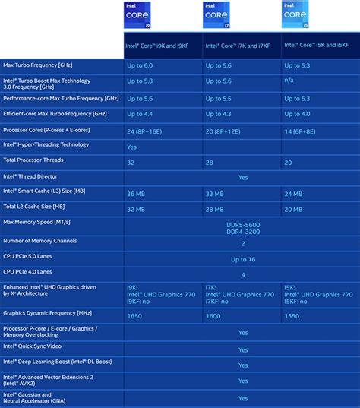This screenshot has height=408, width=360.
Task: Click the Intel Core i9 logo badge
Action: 137,15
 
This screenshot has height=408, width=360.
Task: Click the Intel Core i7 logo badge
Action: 215,15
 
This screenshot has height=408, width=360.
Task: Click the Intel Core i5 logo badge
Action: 294,15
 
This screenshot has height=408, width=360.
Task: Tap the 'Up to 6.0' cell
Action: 141,66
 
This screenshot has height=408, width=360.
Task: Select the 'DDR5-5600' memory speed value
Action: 242,224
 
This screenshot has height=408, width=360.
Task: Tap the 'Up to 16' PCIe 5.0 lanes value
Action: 242,260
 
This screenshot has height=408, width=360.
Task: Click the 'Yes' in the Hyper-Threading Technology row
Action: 132,146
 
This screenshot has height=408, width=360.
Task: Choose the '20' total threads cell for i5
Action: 288,163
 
